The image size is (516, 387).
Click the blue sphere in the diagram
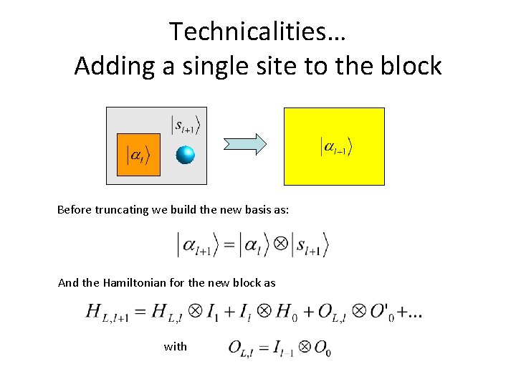coord(186,155)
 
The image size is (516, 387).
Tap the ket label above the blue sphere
coord(186,124)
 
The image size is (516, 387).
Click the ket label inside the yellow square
coord(335,147)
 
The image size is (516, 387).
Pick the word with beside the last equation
coord(176,346)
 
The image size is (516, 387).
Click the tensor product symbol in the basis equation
coord(282,244)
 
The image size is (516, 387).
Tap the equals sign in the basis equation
coord(229,245)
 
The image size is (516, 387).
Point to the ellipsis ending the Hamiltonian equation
coord(414,313)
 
